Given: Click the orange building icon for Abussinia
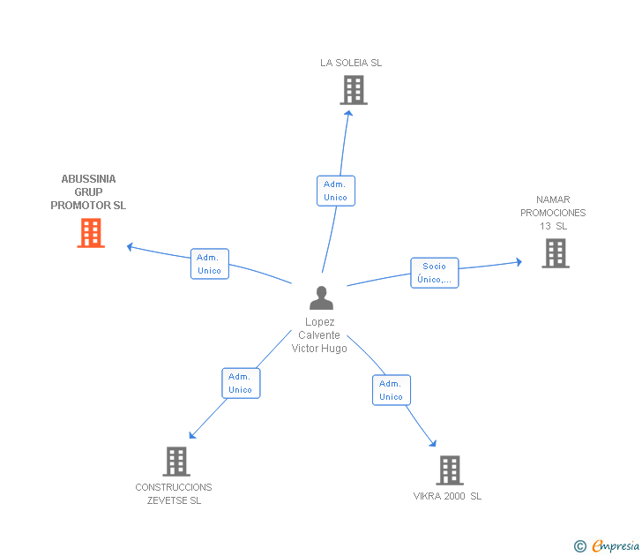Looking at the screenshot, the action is pos(91,233).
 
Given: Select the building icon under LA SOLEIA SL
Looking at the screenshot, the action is pos(354,90).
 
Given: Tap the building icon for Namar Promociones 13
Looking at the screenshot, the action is pos(556,253).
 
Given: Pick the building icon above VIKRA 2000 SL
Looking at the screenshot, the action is pos(450,470).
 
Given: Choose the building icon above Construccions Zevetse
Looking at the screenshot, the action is pos(176,462).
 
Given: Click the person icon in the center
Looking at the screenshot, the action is pos(321,298).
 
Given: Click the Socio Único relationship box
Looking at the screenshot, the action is pos(435,273).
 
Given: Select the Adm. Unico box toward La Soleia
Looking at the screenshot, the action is pos(336,191).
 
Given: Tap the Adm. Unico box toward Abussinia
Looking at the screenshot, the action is pos(210,264).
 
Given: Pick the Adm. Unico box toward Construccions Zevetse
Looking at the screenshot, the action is pos(241,383).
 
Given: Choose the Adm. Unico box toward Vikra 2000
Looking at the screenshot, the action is pos(392,390).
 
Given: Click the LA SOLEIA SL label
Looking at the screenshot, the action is pos(351,63).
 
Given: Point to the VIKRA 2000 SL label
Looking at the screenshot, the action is pos(447,496).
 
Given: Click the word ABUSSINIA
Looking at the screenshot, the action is pos(88,179).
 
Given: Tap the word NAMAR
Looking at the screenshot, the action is pos(553,199).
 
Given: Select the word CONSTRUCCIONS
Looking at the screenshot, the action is pos(174,487).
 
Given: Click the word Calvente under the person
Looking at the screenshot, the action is pos(319,335).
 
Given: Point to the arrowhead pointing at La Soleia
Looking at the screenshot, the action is pos(349,114).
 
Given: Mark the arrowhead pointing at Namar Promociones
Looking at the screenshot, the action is pos(519,262).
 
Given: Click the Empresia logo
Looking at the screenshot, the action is pos(607,545).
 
